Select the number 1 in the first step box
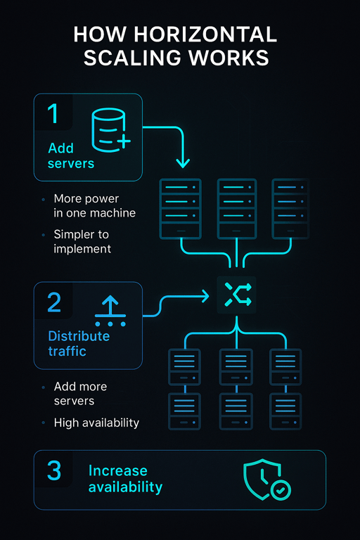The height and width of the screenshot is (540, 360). (x=53, y=115)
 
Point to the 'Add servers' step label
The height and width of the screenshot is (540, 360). (x=70, y=155)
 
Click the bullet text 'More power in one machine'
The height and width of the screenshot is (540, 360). (x=94, y=205)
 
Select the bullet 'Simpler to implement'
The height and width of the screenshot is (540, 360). (x=82, y=241)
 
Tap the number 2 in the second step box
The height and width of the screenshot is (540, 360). (x=54, y=302)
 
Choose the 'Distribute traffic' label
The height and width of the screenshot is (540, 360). (x=78, y=343)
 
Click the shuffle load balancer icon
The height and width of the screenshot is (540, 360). (x=236, y=295)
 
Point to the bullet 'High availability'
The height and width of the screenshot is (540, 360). (x=96, y=423)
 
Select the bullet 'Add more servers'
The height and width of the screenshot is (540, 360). (x=80, y=394)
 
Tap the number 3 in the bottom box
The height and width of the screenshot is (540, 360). (x=54, y=471)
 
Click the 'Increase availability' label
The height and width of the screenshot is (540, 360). (x=125, y=478)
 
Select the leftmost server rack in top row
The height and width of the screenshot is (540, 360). (x=180, y=208)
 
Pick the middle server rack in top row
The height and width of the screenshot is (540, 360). (x=237, y=208)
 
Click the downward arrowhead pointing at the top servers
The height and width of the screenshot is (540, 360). (x=183, y=163)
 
